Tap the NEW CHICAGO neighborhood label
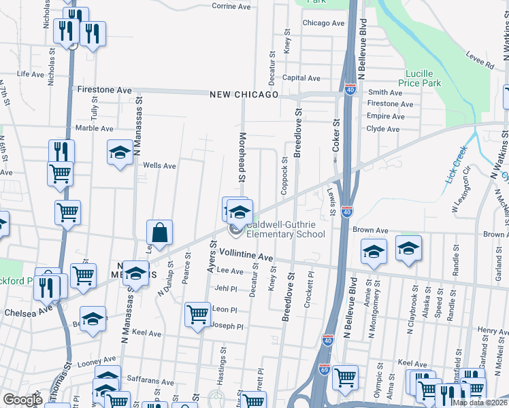[244, 95]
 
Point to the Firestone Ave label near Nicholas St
[104, 89]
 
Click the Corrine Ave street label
[233, 5]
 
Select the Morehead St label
[241, 167]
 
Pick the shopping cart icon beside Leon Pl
[197, 315]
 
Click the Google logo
[22, 400]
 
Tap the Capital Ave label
[301, 78]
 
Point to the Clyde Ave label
[383, 129]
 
